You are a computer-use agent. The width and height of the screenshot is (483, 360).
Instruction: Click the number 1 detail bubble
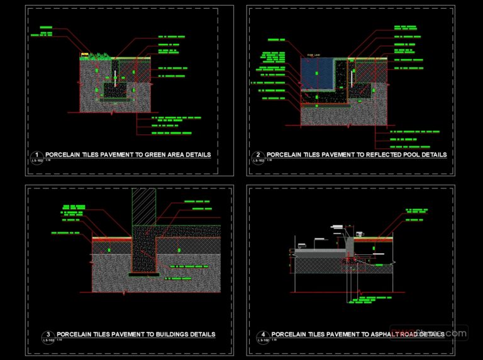point(36,155)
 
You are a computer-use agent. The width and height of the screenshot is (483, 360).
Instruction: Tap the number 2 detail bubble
point(258,155)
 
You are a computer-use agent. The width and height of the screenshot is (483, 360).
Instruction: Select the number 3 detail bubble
point(48,335)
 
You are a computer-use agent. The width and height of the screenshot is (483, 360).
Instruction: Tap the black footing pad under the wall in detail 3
point(143,275)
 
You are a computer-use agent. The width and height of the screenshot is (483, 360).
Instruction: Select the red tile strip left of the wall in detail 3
point(111,239)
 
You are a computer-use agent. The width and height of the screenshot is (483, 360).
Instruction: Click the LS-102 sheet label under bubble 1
point(36,161)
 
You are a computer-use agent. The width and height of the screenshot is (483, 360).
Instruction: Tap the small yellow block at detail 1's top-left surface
point(83,55)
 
